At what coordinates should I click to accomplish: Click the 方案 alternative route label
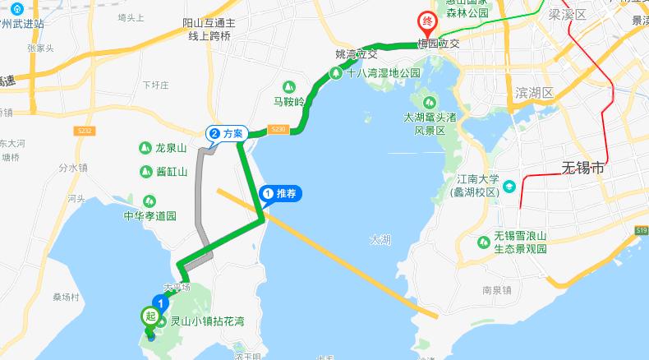tap(223, 132)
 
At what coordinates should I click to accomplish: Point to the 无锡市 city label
tap(582, 168)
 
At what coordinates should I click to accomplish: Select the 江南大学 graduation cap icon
tap(509, 186)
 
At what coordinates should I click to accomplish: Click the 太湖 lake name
tap(380, 240)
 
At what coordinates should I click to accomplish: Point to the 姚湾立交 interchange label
tap(357, 54)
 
